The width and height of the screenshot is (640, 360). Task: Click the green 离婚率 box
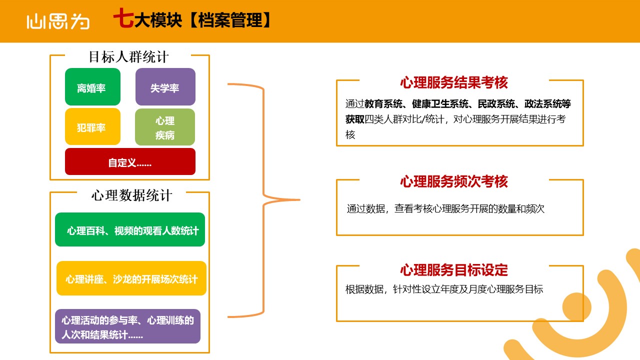click(x=92, y=86)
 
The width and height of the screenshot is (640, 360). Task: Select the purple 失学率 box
click(x=165, y=86)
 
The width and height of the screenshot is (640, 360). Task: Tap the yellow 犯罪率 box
click(x=92, y=126)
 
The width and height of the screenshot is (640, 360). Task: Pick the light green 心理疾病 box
click(x=165, y=127)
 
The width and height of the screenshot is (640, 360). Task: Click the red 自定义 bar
click(x=130, y=161)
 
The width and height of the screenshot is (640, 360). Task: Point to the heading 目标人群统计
click(x=128, y=57)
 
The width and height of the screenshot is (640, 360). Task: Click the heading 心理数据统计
click(x=131, y=195)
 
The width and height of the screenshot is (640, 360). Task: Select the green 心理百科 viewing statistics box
click(x=130, y=229)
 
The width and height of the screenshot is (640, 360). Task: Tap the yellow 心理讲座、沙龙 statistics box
click(x=131, y=278)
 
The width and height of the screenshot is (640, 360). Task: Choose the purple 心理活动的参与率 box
click(x=127, y=326)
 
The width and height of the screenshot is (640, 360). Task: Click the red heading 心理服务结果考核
click(x=454, y=82)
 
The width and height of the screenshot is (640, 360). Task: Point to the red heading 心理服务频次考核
click(x=454, y=181)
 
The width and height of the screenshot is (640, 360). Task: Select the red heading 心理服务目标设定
click(x=454, y=270)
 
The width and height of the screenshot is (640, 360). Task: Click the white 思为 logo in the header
click(x=58, y=21)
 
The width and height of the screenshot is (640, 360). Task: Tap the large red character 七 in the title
click(x=123, y=18)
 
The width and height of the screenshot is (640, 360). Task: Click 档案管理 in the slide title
click(x=230, y=20)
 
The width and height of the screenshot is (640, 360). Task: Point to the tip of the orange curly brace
click(x=299, y=199)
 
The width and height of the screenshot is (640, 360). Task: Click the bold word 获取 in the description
click(x=355, y=119)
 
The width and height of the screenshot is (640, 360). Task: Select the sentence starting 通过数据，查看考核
click(x=445, y=208)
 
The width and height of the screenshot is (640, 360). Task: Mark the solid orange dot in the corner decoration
click(x=576, y=306)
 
